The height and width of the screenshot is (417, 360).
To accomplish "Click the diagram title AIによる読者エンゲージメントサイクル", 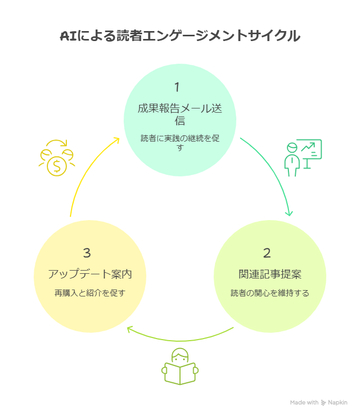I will coord(180,36).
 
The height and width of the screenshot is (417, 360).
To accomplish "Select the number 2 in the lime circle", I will coord(267,253).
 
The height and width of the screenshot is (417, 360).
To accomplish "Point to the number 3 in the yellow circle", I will coord(87,253).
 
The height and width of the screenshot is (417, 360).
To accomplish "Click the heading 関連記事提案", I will coord(269,274).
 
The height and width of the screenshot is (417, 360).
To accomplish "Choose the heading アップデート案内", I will coord(89,274).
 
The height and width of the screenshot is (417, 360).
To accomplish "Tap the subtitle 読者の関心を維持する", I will coord(269,293).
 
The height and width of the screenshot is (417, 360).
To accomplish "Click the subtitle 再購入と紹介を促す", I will coord(89,293).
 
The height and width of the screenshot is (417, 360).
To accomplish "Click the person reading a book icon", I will coord(179,366).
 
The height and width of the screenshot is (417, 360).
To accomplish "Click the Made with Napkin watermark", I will coord(318,402).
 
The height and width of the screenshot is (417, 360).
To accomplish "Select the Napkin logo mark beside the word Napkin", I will coord(324,402).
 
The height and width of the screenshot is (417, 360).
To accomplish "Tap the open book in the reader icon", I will coord(179,374).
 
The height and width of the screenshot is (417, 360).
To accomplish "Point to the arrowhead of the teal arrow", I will coord(289,213).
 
